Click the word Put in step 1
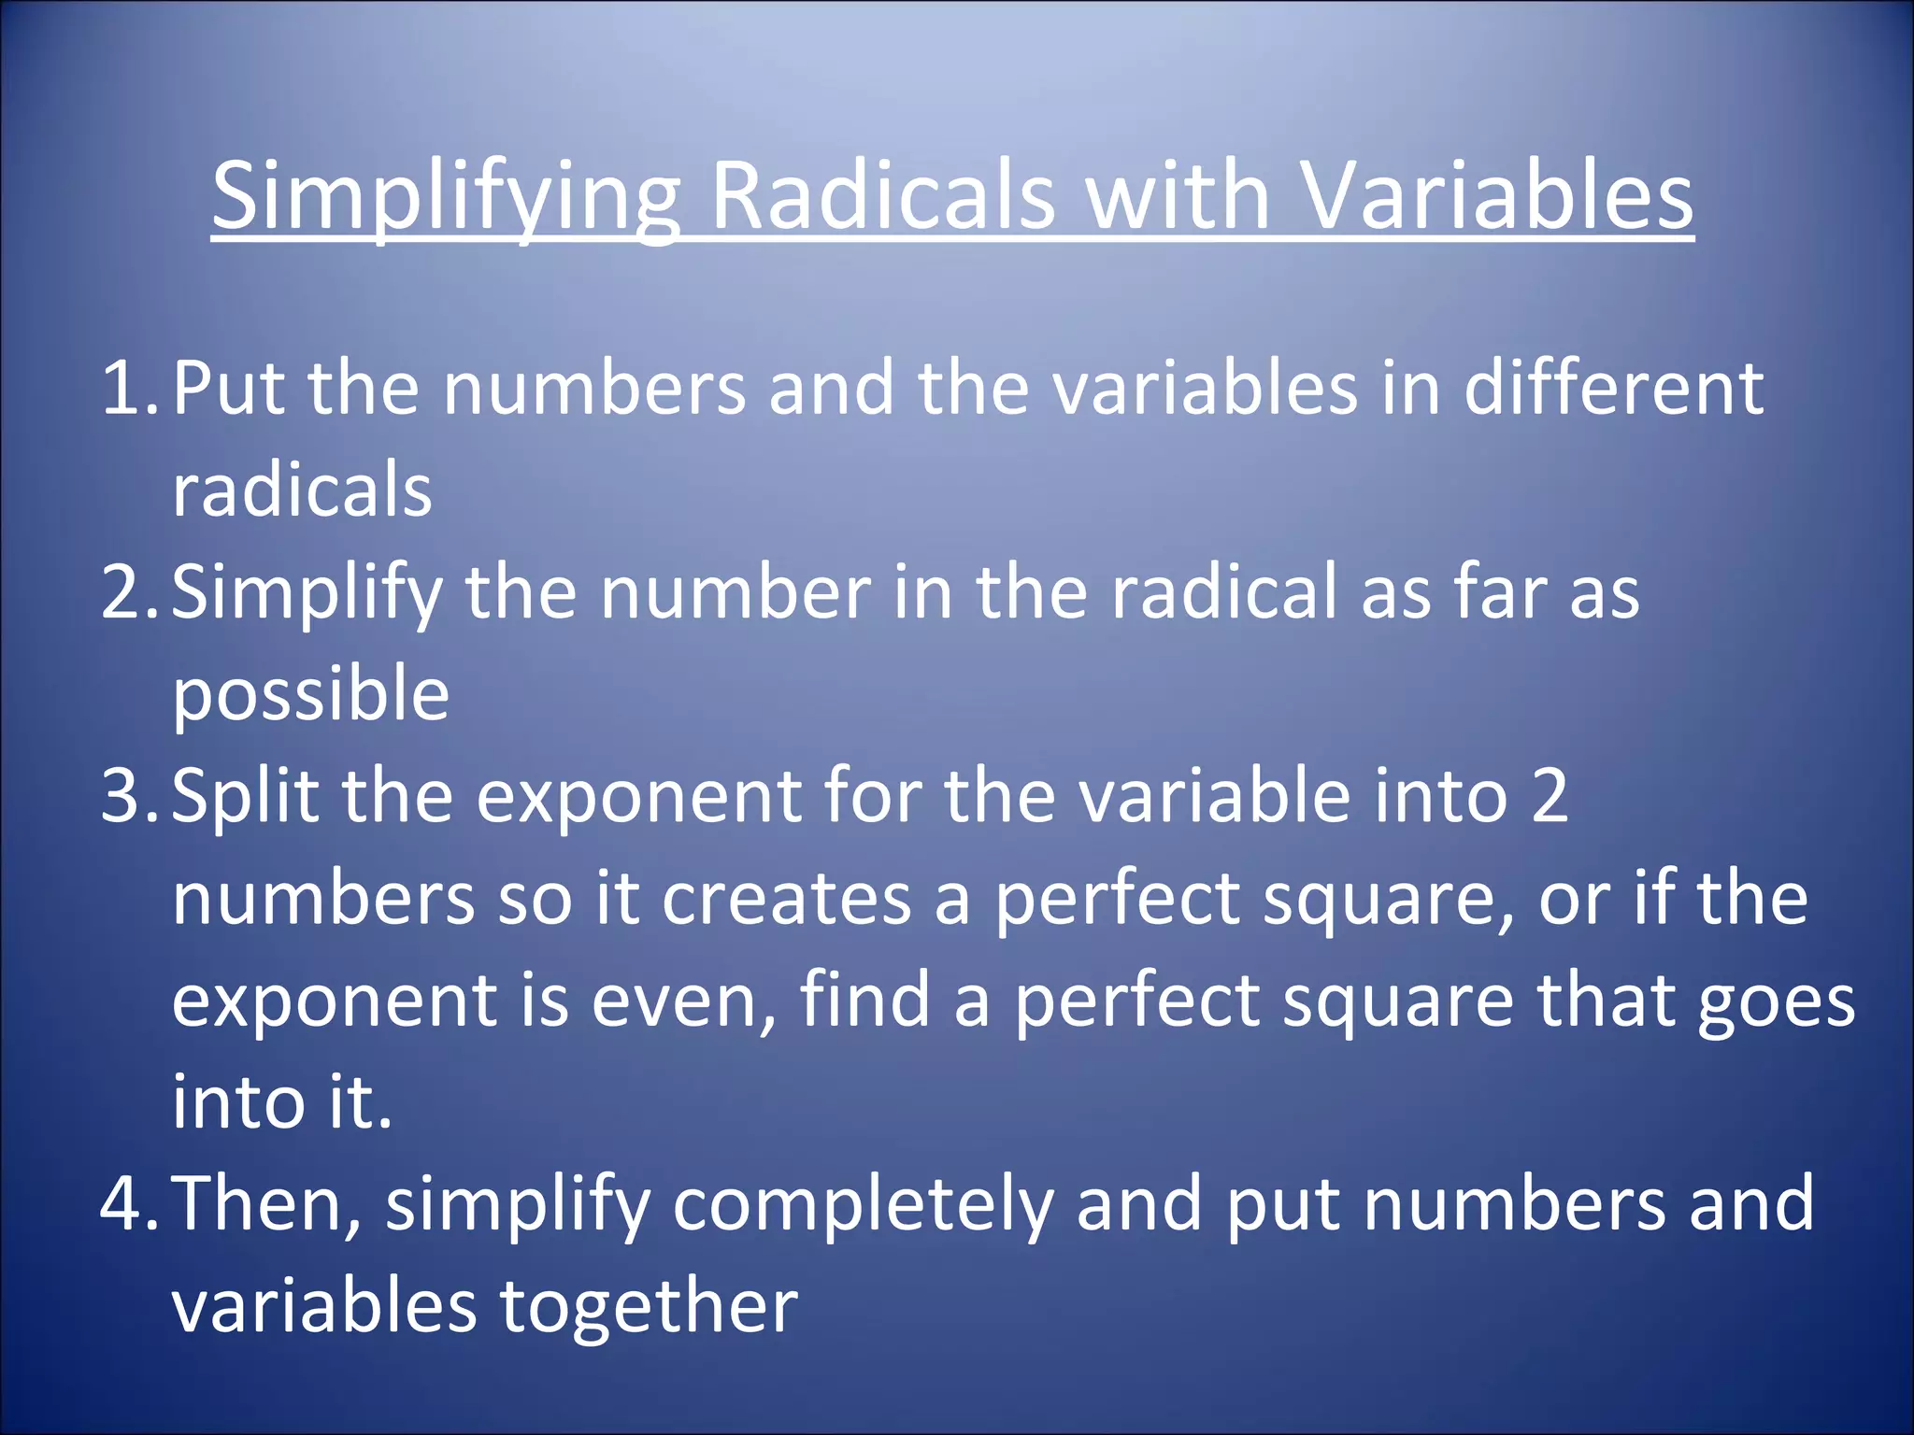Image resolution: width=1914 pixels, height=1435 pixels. pyautogui.click(x=229, y=388)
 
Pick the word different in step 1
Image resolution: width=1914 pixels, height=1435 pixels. pyautogui.click(x=1613, y=388)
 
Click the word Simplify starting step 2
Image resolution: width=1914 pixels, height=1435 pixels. pyautogui.click(x=307, y=594)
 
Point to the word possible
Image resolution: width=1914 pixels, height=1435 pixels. pyautogui.click(x=310, y=696)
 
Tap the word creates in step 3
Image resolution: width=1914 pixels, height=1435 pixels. pyautogui.click(x=786, y=899)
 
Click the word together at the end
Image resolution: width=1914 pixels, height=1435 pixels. pyautogui.click(x=649, y=1306)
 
